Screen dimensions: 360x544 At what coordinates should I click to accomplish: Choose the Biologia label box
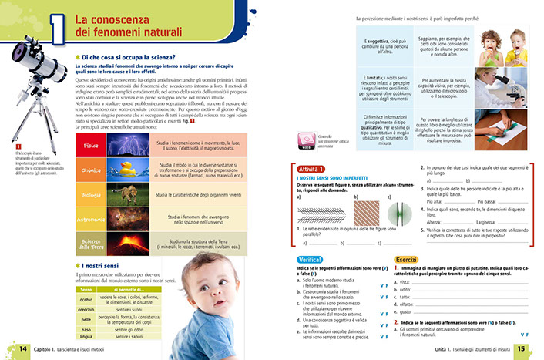coord(90,196)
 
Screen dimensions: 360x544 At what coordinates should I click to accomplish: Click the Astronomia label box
coord(90,220)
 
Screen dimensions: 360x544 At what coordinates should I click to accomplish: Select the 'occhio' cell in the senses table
coord(86,298)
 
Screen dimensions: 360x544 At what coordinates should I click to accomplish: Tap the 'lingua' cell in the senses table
coord(86,337)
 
